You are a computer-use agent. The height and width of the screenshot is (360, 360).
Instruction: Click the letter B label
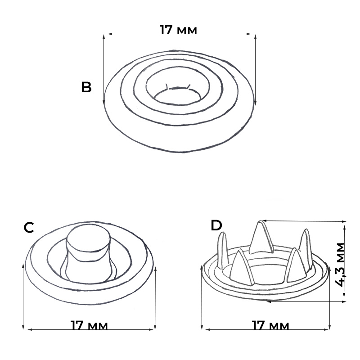pyautogui.click(x=86, y=87)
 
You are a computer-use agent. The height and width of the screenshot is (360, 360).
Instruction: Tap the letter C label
pyautogui.click(x=29, y=228)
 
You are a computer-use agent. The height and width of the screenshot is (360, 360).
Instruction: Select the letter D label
pyautogui.click(x=216, y=225)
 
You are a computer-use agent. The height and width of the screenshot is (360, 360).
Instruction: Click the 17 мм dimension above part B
pyautogui.click(x=178, y=30)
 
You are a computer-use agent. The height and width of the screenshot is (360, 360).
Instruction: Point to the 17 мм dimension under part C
pyautogui.click(x=89, y=325)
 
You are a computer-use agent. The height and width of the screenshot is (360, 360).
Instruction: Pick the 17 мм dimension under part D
pyautogui.click(x=270, y=325)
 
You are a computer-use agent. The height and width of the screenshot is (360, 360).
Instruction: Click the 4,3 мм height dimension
pyautogui.click(x=340, y=265)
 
